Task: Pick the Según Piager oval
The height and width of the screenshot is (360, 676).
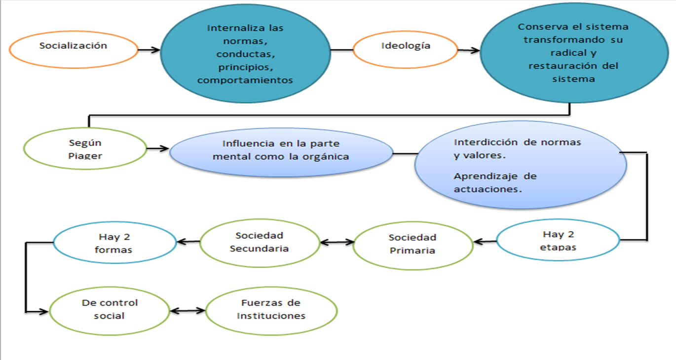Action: tap(85, 149)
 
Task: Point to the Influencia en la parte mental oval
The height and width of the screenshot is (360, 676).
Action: tap(281, 151)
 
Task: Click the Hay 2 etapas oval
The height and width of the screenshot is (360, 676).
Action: tap(558, 241)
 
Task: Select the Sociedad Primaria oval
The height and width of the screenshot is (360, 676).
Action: tap(412, 244)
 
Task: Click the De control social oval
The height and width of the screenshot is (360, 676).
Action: tap(110, 309)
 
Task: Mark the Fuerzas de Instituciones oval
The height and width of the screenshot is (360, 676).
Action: tap(271, 310)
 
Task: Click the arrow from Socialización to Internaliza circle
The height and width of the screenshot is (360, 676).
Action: tap(149, 49)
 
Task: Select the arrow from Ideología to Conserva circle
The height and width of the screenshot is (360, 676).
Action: tap(468, 50)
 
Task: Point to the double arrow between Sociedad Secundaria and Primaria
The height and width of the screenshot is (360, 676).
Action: tap(337, 242)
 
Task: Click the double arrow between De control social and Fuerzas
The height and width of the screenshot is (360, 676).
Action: tap(187, 311)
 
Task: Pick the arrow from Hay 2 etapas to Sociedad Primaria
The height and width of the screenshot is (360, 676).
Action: tap(485, 242)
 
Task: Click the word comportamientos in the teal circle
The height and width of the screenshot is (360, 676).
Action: tap(245, 80)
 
